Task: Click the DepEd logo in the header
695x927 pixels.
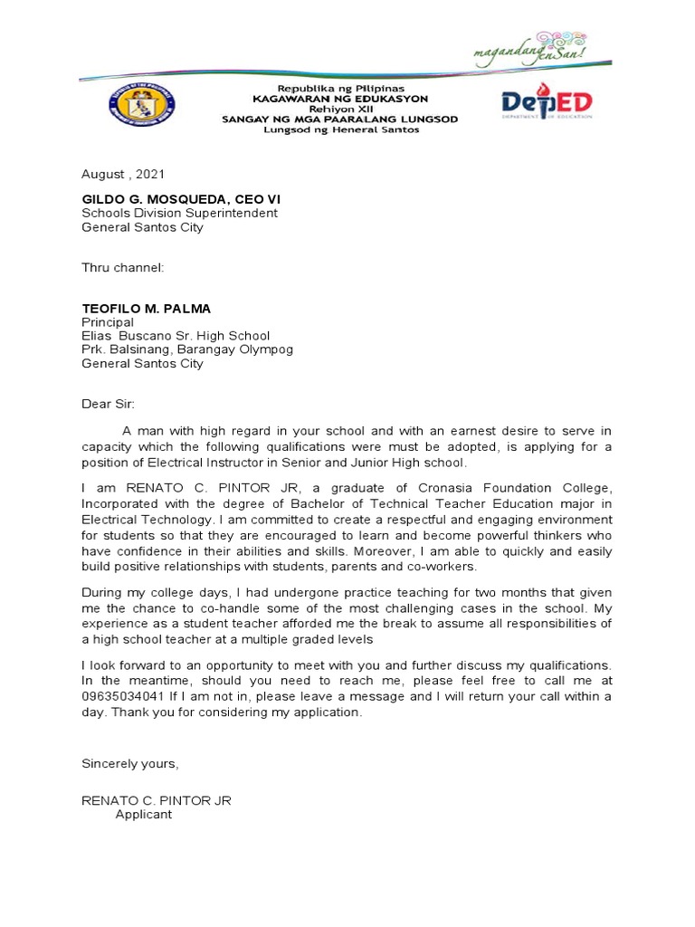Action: tap(547, 102)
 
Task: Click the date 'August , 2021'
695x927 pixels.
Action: tap(123, 174)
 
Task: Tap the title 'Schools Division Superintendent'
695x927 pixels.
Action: tap(179, 214)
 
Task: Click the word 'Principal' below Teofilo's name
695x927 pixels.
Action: tap(108, 322)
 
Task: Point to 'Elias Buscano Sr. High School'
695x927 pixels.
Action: tap(176, 336)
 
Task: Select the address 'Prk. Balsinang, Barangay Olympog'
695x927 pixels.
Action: tap(187, 349)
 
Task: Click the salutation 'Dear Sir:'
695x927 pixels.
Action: tap(107, 405)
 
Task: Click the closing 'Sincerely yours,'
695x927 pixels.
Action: tap(130, 763)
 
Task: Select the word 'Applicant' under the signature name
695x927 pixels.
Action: tap(143, 815)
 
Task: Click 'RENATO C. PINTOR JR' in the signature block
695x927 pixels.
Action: tap(162, 801)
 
